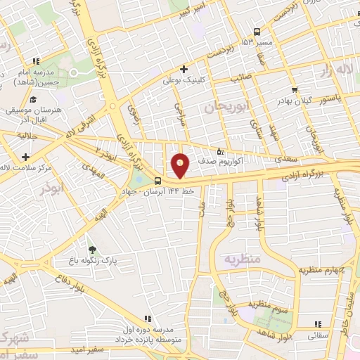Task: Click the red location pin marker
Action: click(x=181, y=165)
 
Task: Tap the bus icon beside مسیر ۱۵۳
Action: click(x=256, y=32)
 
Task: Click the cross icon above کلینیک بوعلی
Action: click(x=184, y=69)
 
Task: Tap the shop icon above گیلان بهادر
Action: click(x=295, y=89)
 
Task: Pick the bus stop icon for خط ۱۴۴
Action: click(x=156, y=180)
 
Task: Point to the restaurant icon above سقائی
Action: click(x=317, y=323)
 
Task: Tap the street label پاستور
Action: click(x=330, y=100)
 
